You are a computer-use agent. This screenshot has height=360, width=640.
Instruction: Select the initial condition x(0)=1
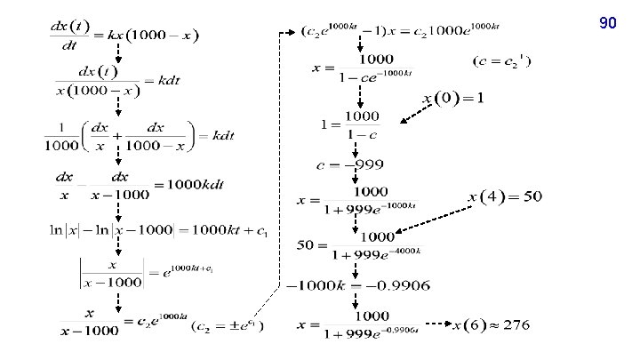point(453,97)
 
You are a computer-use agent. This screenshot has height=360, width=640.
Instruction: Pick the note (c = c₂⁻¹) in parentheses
point(502,63)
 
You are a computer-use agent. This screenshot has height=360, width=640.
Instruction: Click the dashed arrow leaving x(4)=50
point(436,219)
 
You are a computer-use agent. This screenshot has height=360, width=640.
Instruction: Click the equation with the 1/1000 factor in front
point(138,136)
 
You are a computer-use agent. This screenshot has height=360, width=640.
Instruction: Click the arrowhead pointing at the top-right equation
point(293,33)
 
